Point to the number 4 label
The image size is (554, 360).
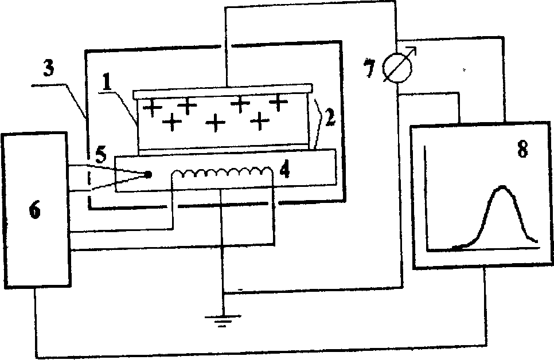[282, 171]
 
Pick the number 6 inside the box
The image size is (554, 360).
[35, 210]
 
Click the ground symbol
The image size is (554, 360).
[221, 320]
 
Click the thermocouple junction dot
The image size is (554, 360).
[148, 174]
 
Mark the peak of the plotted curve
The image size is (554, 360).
[502, 187]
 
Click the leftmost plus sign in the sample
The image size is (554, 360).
[152, 108]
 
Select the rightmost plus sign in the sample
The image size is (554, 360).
[278, 102]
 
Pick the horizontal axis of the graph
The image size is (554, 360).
[482, 250]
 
